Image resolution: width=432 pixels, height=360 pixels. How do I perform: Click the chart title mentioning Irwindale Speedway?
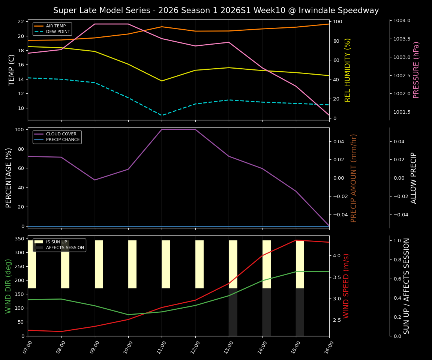click(x=216, y=10)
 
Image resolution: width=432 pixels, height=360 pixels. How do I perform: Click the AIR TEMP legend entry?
click(x=55, y=26)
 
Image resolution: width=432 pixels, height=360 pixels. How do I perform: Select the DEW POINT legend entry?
click(x=58, y=32)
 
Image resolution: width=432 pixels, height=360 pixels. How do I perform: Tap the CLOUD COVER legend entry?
click(x=61, y=134)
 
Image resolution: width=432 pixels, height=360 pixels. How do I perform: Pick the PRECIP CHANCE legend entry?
click(x=63, y=140)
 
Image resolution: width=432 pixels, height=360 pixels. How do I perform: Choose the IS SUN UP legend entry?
click(x=56, y=242)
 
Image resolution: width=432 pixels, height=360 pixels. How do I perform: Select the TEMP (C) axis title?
click(x=12, y=70)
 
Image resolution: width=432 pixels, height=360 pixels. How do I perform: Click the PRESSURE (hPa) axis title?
click(x=416, y=70)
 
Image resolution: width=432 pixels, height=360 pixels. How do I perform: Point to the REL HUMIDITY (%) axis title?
click(x=348, y=70)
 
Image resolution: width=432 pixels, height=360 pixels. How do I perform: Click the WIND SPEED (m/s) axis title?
click(x=346, y=286)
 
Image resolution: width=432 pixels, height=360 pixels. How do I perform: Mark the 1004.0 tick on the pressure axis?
click(x=401, y=21)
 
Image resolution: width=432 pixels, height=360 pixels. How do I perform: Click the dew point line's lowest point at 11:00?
click(x=162, y=115)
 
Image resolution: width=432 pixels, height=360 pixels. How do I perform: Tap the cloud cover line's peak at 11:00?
click(x=162, y=129)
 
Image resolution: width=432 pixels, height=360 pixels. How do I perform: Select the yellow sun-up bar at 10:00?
click(x=132, y=264)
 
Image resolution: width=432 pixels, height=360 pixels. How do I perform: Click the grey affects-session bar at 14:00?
click(x=266, y=312)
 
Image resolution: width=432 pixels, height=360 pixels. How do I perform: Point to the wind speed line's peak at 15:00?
click(x=296, y=240)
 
